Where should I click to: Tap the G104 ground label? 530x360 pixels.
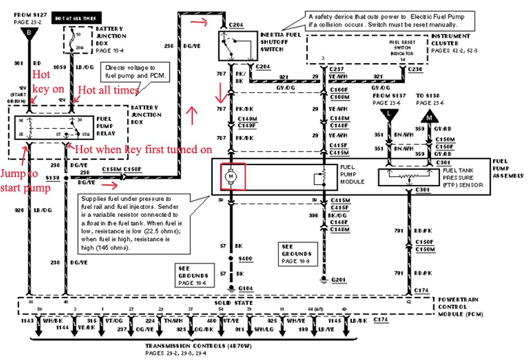click(246, 288)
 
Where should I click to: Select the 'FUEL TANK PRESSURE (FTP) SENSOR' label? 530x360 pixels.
click(466, 179)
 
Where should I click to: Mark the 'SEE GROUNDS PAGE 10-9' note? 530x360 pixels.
click(295, 253)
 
